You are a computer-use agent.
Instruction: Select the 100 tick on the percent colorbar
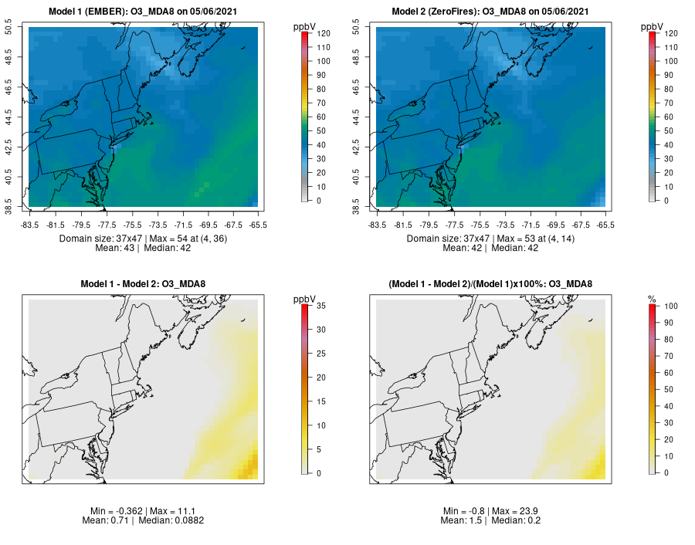670,306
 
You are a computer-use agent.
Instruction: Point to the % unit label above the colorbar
652,299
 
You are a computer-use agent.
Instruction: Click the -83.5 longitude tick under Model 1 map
29,225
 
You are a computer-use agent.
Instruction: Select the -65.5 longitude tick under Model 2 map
605,225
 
